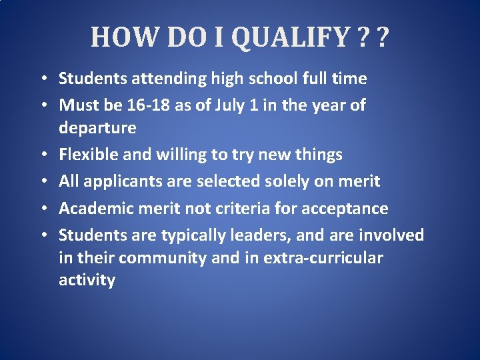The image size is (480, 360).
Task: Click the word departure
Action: click(97, 127)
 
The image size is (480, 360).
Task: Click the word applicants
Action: click(114, 181)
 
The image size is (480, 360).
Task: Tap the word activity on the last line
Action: click(87, 280)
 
